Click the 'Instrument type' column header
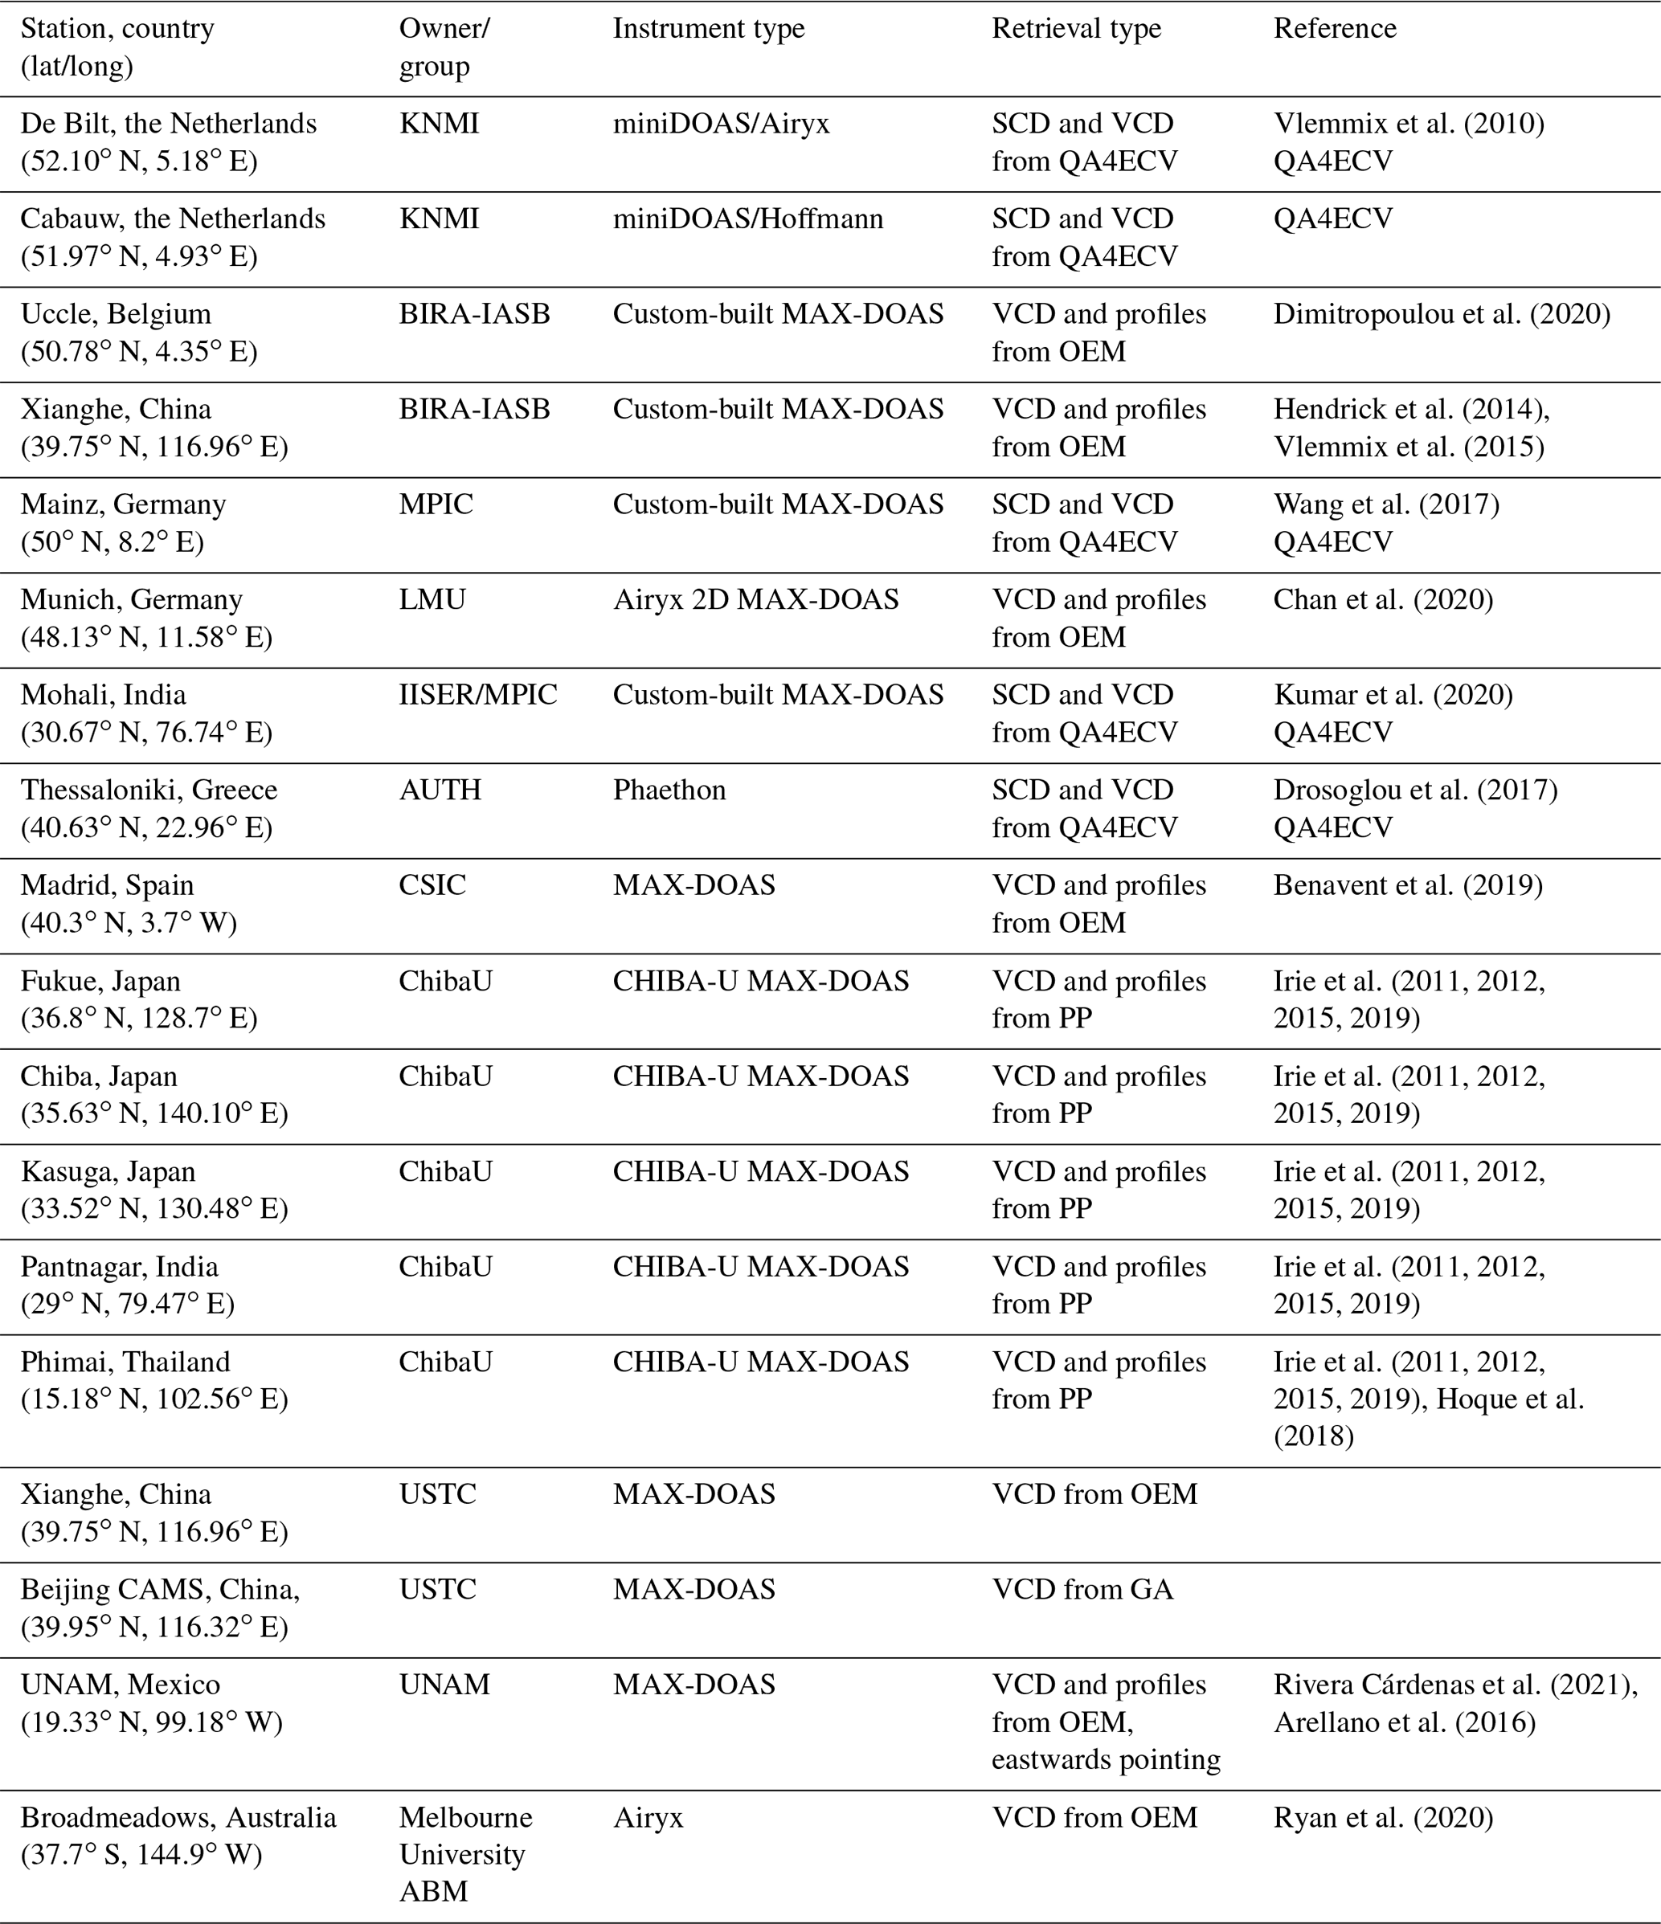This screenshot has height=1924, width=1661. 708,29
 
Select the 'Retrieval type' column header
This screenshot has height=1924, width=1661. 1076,29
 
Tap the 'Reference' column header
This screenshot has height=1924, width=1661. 1334,29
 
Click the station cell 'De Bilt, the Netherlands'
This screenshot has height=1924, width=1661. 168,124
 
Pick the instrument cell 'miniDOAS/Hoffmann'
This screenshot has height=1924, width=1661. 748,219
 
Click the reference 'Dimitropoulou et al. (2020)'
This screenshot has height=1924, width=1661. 1442,314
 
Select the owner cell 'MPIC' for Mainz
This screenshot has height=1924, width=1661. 436,504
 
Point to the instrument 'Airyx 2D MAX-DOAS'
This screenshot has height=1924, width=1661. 755,600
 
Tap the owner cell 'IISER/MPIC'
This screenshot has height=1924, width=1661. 477,695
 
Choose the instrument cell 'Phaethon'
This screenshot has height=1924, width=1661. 669,790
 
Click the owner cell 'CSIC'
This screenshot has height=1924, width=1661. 432,885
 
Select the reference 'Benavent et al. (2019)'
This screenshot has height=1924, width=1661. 1407,885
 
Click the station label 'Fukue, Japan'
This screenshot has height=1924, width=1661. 100,981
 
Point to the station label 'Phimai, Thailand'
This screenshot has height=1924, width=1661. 125,1362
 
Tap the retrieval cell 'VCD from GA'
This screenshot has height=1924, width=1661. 1082,1590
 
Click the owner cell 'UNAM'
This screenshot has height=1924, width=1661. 444,1685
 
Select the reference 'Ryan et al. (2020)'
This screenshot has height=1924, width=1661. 1382,1817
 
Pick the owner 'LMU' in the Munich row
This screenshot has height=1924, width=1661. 432,600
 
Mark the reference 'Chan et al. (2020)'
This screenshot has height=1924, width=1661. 1382,600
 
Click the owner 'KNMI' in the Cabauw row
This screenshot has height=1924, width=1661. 439,219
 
